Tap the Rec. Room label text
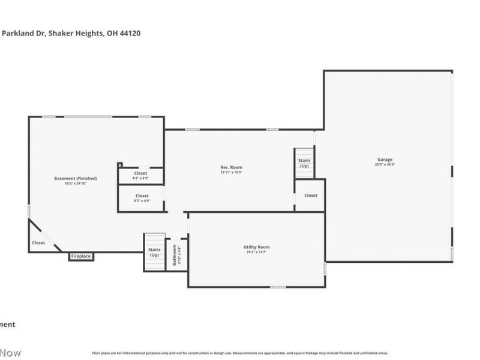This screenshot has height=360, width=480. [231, 167]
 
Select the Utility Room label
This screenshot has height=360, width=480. [256, 247]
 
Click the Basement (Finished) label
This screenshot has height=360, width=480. [76, 178]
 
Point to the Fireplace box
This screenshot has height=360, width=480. [81, 256]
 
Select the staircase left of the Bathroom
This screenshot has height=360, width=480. [154, 252]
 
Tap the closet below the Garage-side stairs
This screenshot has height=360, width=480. [311, 195]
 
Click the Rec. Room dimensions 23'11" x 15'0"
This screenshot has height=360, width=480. [231, 172]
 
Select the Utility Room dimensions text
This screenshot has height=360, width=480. [256, 253]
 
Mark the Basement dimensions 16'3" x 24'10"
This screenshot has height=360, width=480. [76, 183]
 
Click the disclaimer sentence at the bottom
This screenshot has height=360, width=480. [240, 353]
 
